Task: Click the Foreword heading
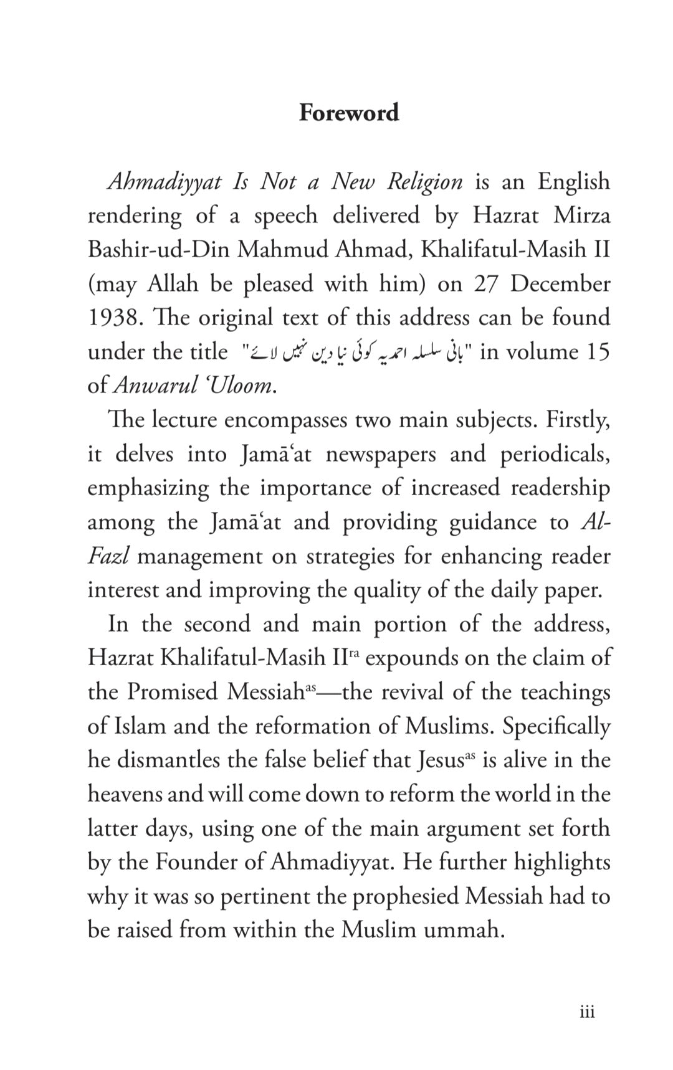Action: (x=348, y=113)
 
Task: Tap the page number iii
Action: (x=587, y=1012)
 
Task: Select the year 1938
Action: (x=112, y=318)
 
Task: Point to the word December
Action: (x=560, y=283)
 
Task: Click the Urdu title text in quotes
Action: (x=358, y=352)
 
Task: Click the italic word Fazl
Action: (x=108, y=556)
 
